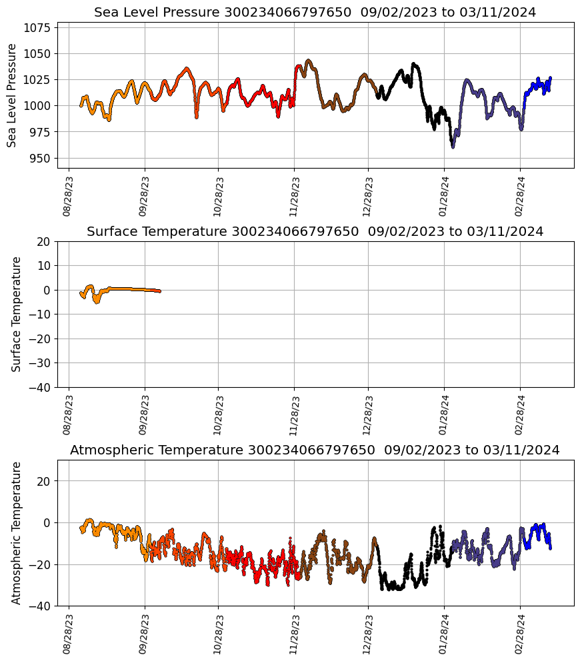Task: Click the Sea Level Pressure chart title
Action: [x=315, y=13]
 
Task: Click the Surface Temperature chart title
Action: [x=315, y=232]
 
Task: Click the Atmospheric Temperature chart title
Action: [x=315, y=450]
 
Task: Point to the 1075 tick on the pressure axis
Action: [x=39, y=27]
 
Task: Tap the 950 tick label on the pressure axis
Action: [x=41, y=158]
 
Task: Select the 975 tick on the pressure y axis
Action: [x=41, y=132]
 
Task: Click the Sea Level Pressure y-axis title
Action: [x=12, y=95]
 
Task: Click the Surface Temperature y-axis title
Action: [x=17, y=314]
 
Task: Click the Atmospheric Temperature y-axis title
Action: [x=17, y=532]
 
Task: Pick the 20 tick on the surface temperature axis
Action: [x=45, y=241]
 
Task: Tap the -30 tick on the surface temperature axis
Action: [x=42, y=362]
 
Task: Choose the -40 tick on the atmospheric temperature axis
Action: [x=42, y=606]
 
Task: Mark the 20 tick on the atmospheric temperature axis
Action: [x=45, y=481]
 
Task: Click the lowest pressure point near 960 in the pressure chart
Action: [x=453, y=147]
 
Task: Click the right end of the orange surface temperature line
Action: [x=159, y=291]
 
